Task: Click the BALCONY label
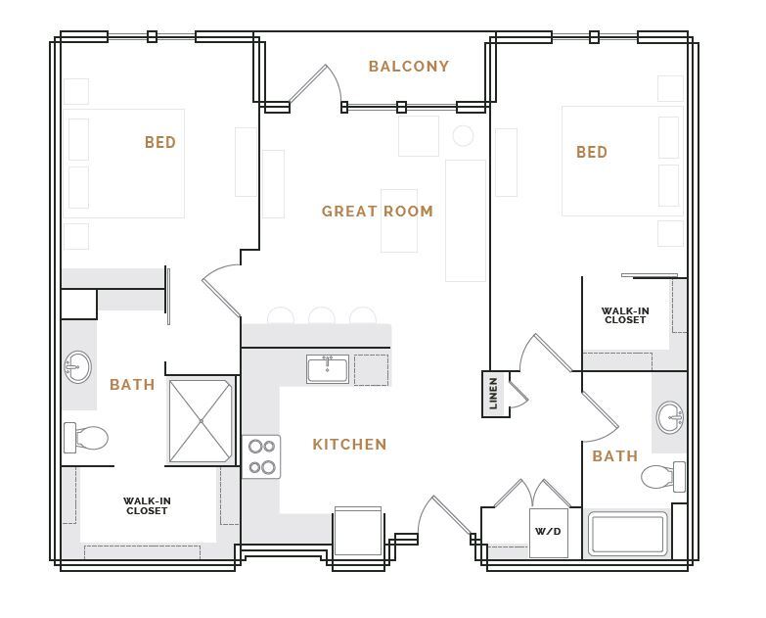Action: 408,67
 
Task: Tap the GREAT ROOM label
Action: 377,212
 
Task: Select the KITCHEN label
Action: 349,445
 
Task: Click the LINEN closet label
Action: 494,393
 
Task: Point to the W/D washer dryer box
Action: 548,533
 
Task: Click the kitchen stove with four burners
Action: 261,456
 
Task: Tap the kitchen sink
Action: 327,369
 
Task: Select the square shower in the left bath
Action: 201,421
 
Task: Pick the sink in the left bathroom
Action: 77,367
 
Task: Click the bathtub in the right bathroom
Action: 627,535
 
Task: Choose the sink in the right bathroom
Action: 670,417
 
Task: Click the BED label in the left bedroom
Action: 160,143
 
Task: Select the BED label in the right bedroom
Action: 592,153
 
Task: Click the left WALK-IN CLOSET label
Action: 147,505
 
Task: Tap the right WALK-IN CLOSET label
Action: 625,315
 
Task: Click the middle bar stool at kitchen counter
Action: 322,316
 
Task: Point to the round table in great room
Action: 463,136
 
